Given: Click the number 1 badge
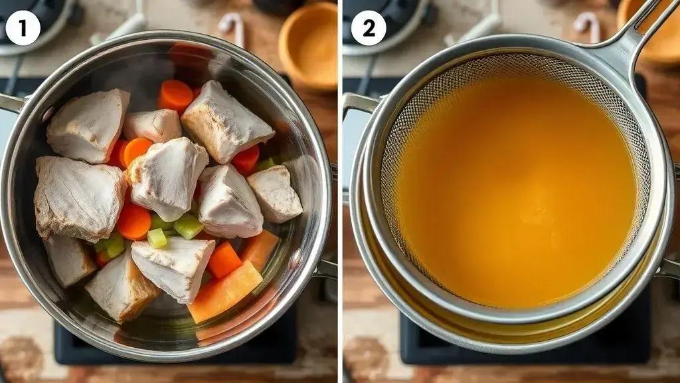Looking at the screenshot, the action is (x=23, y=28).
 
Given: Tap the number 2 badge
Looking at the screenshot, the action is (x=368, y=28).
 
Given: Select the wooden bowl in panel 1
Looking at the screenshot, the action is (x=308, y=46).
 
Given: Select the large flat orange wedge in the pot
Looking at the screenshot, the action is (x=226, y=292).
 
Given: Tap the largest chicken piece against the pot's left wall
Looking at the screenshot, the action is (x=79, y=198).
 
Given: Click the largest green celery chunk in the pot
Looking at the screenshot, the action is (x=188, y=226).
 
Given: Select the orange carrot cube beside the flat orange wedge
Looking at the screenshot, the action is (x=224, y=260).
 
